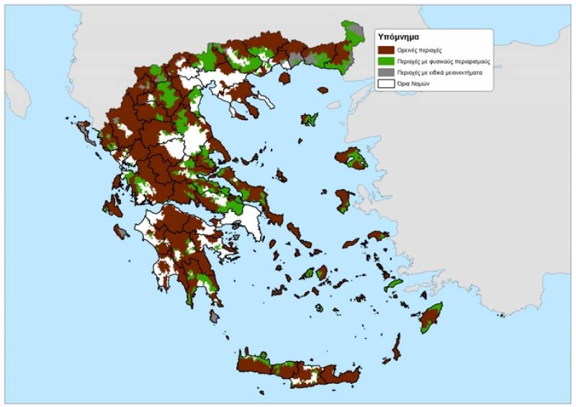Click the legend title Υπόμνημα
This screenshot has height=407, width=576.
pyautogui.click(x=398, y=36)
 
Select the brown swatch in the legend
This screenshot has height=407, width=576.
pyautogui.click(x=386, y=50)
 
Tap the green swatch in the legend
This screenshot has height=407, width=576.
pyautogui.click(x=386, y=62)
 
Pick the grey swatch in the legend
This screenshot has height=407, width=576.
pyautogui.click(x=386, y=73)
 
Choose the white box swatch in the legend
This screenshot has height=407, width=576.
pyautogui.click(x=386, y=83)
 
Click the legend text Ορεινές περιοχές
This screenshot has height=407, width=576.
pyautogui.click(x=417, y=50)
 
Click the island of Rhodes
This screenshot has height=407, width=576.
pyautogui.click(x=431, y=316)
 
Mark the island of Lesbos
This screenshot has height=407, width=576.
pyautogui.click(x=351, y=157)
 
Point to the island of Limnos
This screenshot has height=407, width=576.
pyautogui.click(x=310, y=119)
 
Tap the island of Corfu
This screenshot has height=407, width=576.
pyautogui.click(x=84, y=132)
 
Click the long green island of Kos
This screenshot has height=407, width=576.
pyautogui.click(x=393, y=285)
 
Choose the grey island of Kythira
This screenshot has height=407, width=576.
pyautogui.click(x=215, y=316)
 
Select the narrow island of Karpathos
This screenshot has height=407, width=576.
pyautogui.click(x=396, y=347)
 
